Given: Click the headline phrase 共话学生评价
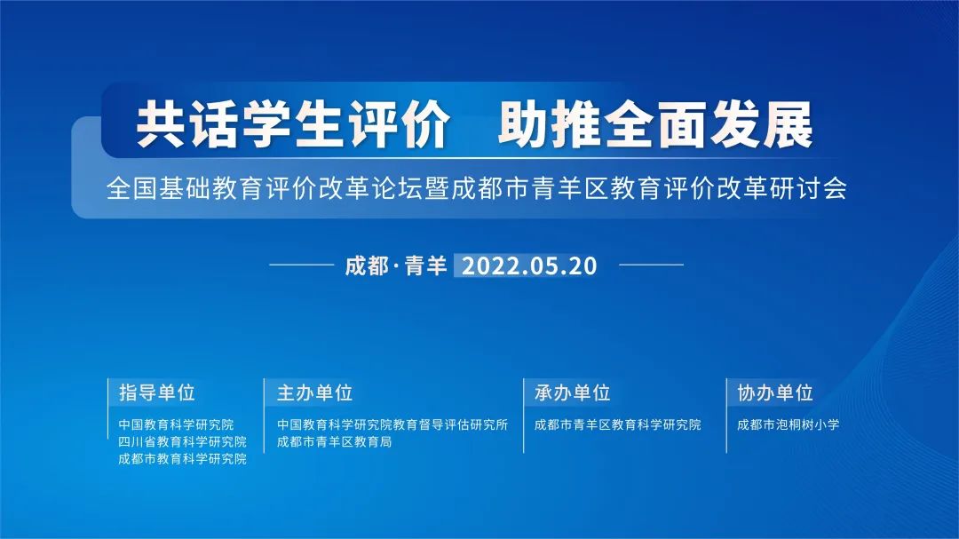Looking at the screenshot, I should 292,128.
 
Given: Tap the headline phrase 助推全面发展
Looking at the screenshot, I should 655,128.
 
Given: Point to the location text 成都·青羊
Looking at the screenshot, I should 396,266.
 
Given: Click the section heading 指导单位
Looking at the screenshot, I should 157,392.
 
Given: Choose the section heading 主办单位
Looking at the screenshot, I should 314,392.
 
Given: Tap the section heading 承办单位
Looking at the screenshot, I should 573,392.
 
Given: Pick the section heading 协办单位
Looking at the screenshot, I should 775,392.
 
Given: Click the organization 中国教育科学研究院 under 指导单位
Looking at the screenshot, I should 177,424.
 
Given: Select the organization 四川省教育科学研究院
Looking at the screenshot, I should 183,441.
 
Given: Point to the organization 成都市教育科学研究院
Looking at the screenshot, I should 183,459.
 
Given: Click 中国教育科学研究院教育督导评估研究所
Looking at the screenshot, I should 392,424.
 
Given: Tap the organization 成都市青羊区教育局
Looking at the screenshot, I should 334,441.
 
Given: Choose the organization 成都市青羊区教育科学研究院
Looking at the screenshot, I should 618,424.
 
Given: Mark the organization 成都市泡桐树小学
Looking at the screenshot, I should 789,424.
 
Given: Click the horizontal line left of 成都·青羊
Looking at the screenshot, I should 300,265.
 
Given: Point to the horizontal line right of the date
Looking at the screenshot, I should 651,265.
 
